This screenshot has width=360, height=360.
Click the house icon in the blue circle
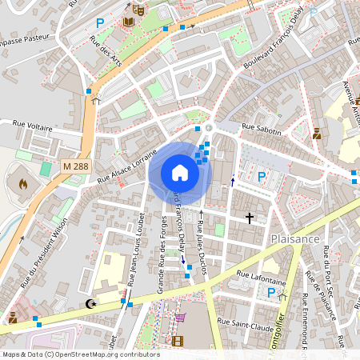tap(180, 173)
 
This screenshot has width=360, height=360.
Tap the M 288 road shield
tap(75, 166)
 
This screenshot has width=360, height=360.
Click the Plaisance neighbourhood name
tap(295, 238)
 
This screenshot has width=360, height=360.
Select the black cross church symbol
tap(250, 217)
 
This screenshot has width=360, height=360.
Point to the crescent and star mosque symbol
tap(90, 304)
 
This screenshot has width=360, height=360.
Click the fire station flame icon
tap(22, 184)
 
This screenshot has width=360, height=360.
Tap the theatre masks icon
tap(138, 10)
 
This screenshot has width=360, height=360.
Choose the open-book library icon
tap(129, 22)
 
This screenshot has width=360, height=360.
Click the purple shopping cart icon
tap(180, 317)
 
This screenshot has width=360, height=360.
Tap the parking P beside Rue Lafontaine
tap(271, 293)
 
